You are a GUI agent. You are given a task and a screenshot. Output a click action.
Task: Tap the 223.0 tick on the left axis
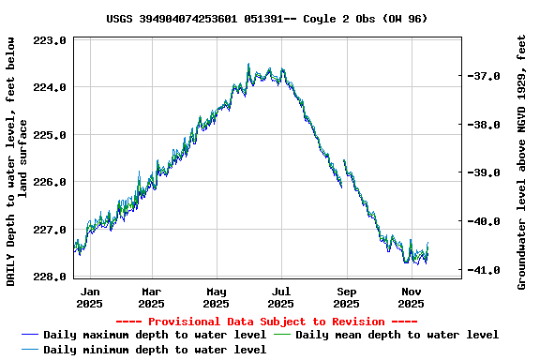tap(49, 41)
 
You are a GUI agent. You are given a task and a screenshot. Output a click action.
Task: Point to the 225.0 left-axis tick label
tap(49, 135)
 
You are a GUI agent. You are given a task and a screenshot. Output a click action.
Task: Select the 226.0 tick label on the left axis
tap(49, 182)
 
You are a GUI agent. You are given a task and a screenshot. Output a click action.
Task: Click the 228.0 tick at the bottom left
tap(49, 277)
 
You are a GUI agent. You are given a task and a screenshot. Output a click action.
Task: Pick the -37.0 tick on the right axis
tap(487, 76)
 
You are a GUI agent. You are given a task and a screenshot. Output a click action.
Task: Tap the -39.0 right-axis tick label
tap(487, 172)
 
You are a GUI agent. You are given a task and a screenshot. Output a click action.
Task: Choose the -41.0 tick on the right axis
tap(487, 270)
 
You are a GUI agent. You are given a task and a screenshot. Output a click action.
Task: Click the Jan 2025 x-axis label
tap(89, 297)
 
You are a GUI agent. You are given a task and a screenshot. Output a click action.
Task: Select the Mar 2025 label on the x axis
tap(151, 297)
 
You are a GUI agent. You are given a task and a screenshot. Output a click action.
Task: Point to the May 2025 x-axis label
tap(217, 297)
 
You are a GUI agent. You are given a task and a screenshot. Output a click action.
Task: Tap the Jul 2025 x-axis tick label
tap(280, 297)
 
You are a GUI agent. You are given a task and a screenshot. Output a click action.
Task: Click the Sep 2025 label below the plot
tap(346, 297)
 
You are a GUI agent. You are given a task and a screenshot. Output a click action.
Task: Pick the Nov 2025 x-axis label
tap(411, 297)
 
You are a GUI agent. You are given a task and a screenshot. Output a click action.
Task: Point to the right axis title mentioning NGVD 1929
tap(521, 161)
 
